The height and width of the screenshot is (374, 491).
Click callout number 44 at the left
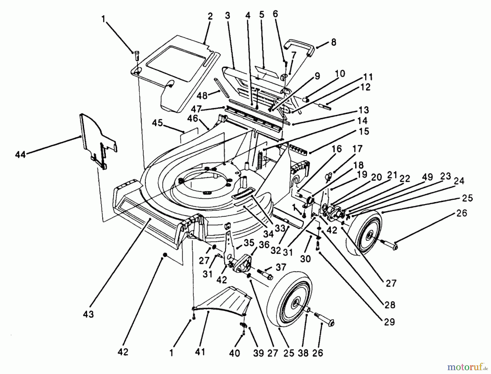point(20,155)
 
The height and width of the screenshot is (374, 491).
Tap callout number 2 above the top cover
point(209,16)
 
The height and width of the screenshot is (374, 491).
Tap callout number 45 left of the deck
point(157,123)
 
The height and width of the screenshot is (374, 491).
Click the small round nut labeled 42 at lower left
point(165,255)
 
